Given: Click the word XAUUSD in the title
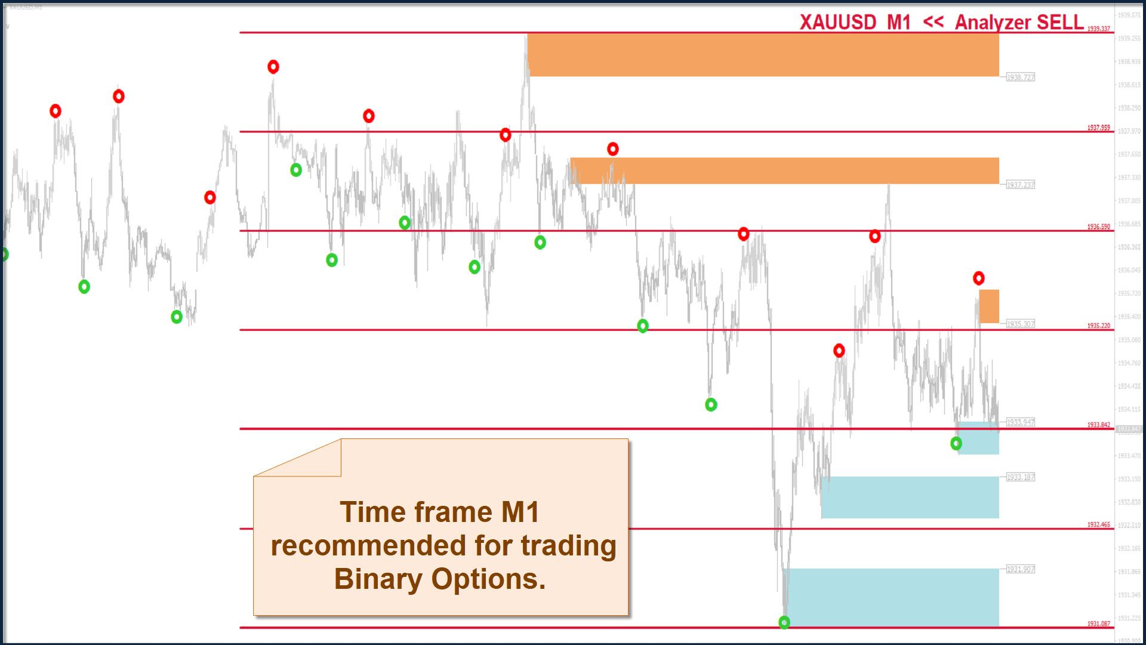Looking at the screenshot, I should [x=837, y=23].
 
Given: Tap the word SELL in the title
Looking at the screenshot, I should [x=1060, y=23].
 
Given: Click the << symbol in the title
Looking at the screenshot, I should [x=934, y=22].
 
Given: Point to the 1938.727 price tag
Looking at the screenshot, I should [x=1021, y=78].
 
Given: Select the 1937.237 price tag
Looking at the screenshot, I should [x=1021, y=185].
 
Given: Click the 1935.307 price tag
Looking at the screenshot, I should [x=1021, y=324].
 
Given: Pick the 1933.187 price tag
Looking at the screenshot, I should [x=1021, y=477].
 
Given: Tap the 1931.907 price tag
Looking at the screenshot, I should [x=1021, y=569].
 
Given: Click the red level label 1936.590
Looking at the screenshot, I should [x=1098, y=227].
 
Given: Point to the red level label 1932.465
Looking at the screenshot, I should [x=1098, y=525].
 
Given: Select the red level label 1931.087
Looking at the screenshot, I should [x=1098, y=624].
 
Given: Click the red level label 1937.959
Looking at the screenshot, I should [x=1098, y=128].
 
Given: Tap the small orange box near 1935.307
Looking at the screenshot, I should [x=989, y=306].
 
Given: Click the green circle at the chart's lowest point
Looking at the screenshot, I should [x=784, y=622].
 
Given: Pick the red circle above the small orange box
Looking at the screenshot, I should [x=978, y=278].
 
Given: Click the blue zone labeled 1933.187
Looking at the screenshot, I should [x=910, y=497].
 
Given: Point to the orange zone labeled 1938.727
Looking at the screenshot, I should [x=763, y=55].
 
